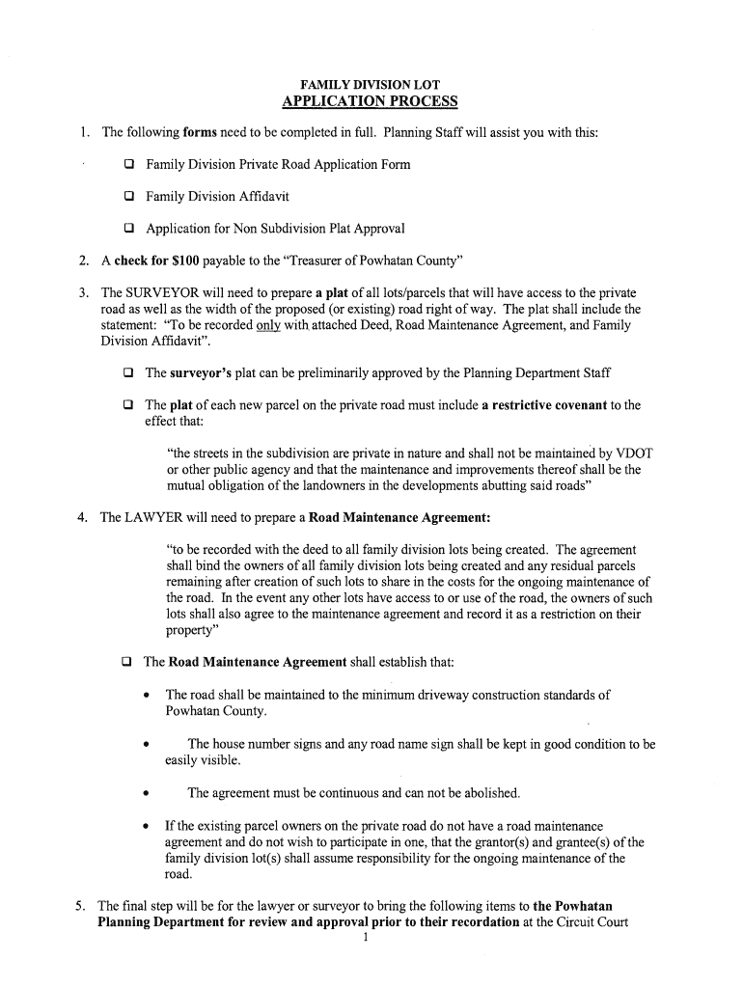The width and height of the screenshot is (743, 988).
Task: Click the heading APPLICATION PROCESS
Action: (x=371, y=102)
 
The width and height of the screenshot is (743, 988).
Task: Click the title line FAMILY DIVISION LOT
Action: (x=371, y=85)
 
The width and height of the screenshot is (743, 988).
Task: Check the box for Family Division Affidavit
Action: (x=127, y=197)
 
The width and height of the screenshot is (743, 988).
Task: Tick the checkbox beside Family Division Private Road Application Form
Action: (x=127, y=165)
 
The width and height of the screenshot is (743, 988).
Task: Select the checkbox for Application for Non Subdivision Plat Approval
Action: (x=127, y=230)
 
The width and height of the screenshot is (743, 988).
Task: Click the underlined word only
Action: (x=267, y=325)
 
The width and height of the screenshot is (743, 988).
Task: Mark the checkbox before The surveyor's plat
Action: (x=127, y=373)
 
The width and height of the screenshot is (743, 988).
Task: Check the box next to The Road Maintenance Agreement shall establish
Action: (x=126, y=663)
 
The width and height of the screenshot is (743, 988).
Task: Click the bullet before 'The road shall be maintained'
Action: (x=145, y=696)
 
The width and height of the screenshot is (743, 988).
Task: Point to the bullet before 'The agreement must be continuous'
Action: (x=145, y=794)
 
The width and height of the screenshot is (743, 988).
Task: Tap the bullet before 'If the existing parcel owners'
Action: (x=145, y=827)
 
